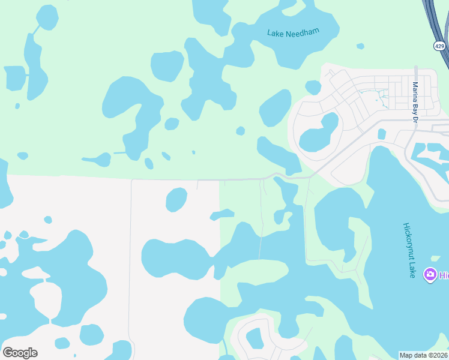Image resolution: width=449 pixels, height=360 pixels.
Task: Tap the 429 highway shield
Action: point(439,46)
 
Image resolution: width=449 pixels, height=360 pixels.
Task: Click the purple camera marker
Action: point(430,275)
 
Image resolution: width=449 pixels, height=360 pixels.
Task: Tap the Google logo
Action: point(20,353)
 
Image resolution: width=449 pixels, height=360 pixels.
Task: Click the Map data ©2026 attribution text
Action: point(424,355)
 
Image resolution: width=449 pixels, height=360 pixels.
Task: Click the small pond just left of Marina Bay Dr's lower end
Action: point(382,134)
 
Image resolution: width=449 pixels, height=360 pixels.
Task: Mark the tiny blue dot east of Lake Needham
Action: point(360,46)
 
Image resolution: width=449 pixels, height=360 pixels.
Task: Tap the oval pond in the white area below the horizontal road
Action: point(176,199)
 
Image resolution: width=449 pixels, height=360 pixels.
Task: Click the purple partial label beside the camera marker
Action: point(444,275)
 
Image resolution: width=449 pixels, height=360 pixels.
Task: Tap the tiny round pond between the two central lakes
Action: point(240,131)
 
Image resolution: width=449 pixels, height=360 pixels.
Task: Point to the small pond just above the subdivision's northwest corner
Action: point(313,88)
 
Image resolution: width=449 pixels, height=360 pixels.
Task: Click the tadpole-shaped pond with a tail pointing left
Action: point(99,160)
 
